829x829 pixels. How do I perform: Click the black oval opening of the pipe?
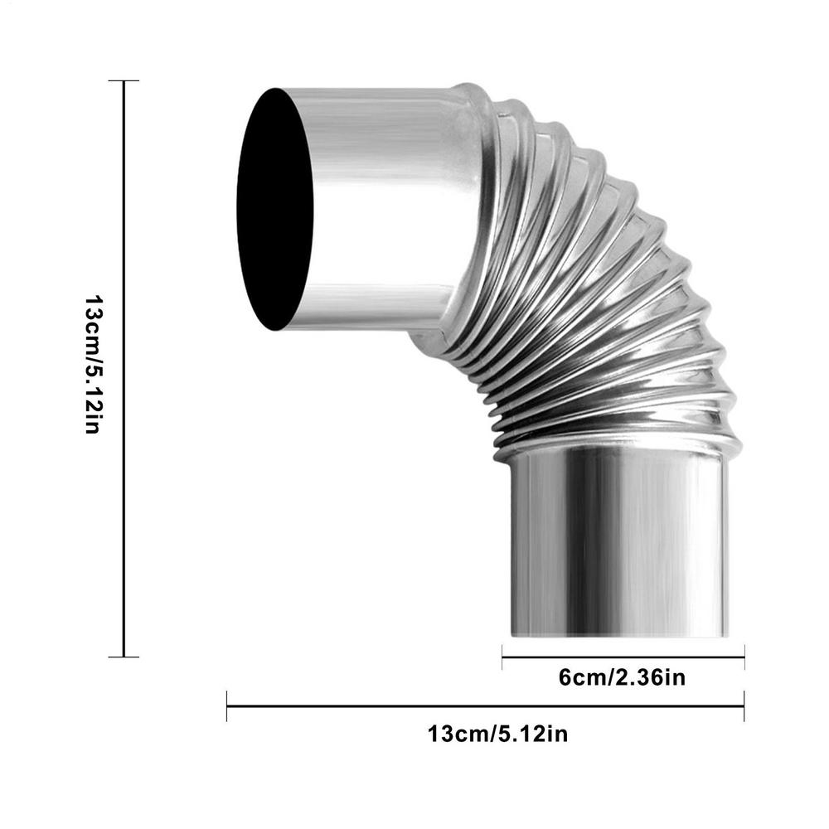[275, 209]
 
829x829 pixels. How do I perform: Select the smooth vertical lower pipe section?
[618, 547]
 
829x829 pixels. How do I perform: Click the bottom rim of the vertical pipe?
[618, 634]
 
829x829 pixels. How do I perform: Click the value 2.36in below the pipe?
[651, 678]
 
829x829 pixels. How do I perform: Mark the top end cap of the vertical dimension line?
[124, 81]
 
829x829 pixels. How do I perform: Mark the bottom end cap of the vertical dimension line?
[124, 657]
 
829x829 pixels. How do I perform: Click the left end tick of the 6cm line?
[503, 657]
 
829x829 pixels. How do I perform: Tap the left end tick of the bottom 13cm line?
[227, 706]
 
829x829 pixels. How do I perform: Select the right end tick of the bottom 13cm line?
[744, 706]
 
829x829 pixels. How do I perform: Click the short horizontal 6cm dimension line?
[622, 657]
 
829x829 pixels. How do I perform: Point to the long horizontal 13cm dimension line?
[485, 706]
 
